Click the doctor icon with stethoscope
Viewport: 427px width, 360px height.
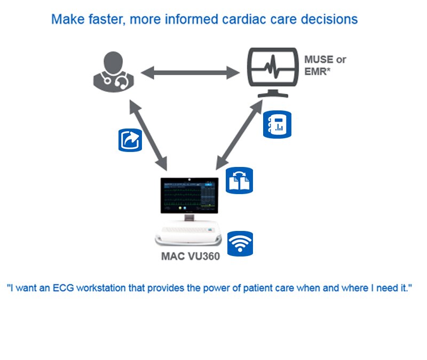click(x=114, y=72)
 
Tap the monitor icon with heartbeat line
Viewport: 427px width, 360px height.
click(x=273, y=72)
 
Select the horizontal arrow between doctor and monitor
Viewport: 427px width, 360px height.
click(x=190, y=73)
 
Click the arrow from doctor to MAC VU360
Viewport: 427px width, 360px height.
click(x=148, y=135)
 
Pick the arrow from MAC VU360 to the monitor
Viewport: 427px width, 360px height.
click(x=239, y=135)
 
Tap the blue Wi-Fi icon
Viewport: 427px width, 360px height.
click(x=240, y=244)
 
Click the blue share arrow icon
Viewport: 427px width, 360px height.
click(x=130, y=140)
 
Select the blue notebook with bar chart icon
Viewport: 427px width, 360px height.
click(x=277, y=124)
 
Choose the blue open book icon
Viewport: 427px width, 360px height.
click(x=239, y=180)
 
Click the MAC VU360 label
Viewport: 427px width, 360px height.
click(x=191, y=257)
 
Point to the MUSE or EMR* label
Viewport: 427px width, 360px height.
click(x=325, y=66)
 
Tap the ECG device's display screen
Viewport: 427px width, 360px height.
click(x=189, y=196)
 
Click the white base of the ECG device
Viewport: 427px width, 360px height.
click(x=188, y=233)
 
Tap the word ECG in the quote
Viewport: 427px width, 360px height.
click(x=63, y=288)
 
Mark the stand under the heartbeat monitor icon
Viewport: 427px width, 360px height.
click(x=273, y=94)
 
